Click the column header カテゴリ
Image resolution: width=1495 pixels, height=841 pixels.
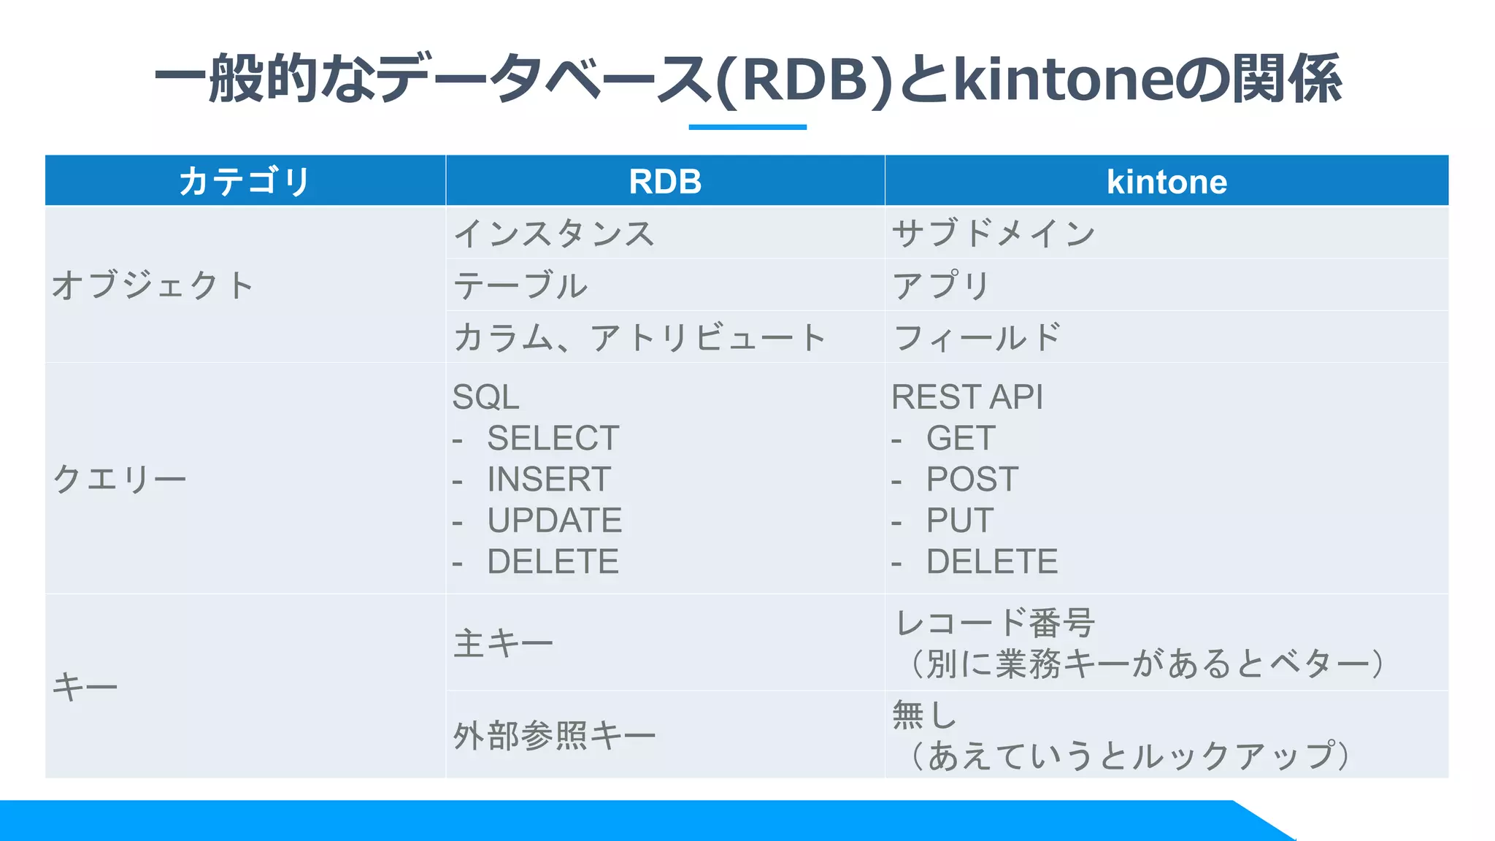(245, 181)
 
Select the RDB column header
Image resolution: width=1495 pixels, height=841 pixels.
(665, 181)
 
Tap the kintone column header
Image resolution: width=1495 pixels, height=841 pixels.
(1167, 181)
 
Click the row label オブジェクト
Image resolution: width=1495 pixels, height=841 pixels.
(153, 285)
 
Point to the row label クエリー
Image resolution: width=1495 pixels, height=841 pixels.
(120, 479)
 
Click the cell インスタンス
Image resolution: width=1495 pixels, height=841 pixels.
(554, 234)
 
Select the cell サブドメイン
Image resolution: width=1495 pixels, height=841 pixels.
(994, 234)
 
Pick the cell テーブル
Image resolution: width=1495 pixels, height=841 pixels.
(520, 285)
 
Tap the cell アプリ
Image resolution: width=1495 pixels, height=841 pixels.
(941, 285)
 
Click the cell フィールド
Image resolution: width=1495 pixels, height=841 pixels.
(977, 338)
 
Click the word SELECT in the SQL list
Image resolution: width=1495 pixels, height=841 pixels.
(553, 438)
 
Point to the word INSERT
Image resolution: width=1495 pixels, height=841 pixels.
(548, 480)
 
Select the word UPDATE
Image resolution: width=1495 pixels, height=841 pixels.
(554, 521)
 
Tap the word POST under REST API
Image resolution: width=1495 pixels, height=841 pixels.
(972, 480)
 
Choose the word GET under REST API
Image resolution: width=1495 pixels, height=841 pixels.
(961, 438)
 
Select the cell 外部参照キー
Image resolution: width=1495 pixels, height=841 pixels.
(554, 735)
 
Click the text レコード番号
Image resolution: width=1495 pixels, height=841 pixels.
(994, 623)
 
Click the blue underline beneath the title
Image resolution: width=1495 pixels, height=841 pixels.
(747, 127)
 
